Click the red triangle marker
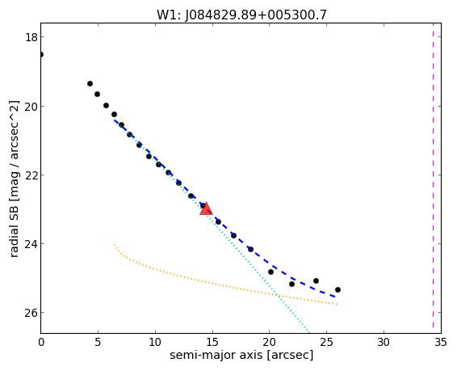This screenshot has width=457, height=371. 206,209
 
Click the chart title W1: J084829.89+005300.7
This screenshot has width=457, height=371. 241,15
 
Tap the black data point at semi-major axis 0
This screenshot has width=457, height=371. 41,54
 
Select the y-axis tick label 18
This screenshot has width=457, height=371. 31,37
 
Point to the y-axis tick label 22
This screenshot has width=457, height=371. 31,175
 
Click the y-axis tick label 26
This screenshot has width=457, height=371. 31,313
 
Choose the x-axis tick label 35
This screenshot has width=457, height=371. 440,342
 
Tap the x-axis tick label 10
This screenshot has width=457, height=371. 155,342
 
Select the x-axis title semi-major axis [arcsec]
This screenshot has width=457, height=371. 241,356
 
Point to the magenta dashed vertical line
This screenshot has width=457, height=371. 433,178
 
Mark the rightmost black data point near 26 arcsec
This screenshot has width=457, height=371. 338,289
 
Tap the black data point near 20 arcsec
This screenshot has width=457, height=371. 270,272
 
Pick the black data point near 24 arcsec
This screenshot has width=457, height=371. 316,280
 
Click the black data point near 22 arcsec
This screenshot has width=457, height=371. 291,284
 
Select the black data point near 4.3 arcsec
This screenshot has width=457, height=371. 90,84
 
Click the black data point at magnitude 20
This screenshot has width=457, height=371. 106,105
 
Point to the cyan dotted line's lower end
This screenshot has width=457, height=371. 309,332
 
